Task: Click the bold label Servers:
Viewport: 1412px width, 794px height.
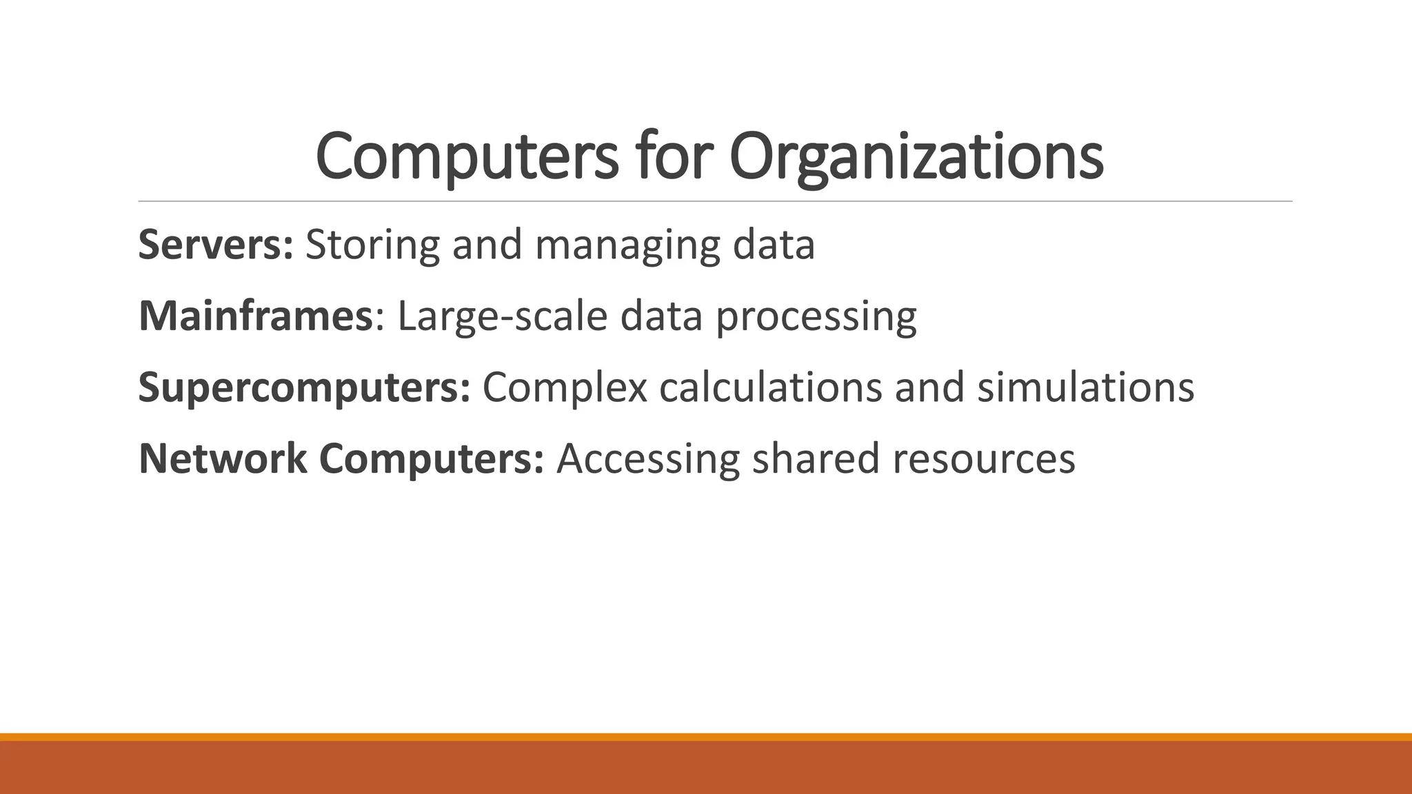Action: click(x=216, y=244)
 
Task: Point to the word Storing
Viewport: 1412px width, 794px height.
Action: click(x=372, y=244)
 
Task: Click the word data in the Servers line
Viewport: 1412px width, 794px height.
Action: click(x=774, y=244)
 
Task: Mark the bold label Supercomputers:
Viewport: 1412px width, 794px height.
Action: click(x=304, y=389)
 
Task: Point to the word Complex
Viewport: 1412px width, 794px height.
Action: click(x=565, y=389)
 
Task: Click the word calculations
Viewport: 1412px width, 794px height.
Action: click(x=771, y=387)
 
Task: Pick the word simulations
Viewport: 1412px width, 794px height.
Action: click(x=1085, y=387)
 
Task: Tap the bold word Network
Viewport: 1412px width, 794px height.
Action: click(x=223, y=459)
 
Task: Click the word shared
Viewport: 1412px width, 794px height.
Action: click(x=816, y=459)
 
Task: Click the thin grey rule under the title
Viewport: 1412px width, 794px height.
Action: click(x=715, y=201)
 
